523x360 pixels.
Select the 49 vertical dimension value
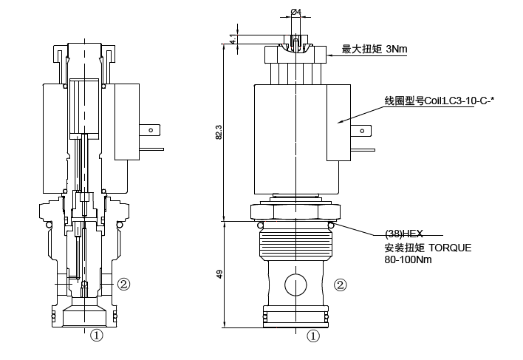219,274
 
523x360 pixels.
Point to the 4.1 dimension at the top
233,40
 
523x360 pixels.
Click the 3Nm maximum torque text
396,50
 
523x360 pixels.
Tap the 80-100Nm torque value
408,259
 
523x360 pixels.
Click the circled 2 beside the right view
341,284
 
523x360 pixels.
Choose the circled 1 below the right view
313,336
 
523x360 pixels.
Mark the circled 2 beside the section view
124,284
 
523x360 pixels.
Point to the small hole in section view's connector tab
151,132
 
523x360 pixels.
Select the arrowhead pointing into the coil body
337,122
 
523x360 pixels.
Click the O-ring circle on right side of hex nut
332,223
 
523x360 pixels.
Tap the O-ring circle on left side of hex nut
260,223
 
